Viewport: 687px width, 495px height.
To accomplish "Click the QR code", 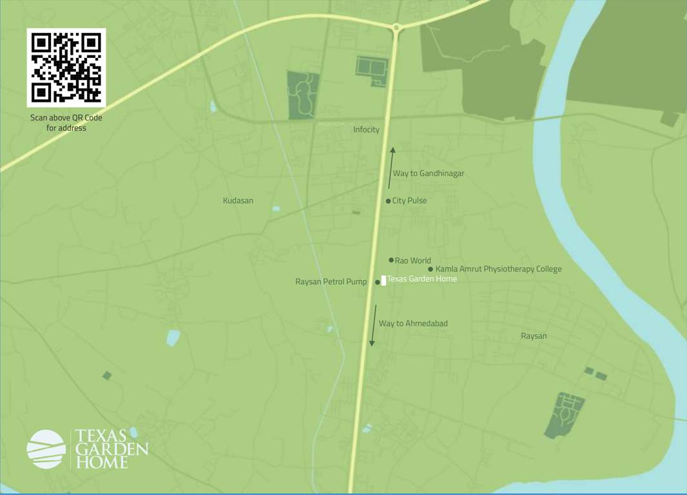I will (x=66, y=67).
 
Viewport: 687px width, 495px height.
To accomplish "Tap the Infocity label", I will (x=366, y=130).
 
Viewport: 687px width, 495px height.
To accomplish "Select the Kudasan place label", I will (x=238, y=200).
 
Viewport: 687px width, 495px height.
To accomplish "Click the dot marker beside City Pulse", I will (x=388, y=201).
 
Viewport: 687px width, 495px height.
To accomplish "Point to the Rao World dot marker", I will (x=391, y=260).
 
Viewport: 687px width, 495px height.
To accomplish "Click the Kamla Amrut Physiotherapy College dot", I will (x=431, y=269).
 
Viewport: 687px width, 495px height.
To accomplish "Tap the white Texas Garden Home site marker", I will (x=383, y=280).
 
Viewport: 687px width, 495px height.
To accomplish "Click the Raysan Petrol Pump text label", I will (x=331, y=282).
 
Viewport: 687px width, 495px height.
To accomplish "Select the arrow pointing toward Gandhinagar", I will (x=391, y=168).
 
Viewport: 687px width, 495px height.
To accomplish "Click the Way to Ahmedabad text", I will (x=413, y=323).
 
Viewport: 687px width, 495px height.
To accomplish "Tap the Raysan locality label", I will (x=534, y=336).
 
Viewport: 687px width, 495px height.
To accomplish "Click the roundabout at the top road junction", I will (x=396, y=27).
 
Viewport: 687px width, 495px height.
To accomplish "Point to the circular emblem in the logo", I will (x=46, y=449).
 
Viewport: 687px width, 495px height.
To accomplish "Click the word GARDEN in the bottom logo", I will (x=111, y=449).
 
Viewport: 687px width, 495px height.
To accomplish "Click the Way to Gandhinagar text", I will (x=429, y=173).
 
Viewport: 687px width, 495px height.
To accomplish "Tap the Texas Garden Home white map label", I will (x=422, y=279).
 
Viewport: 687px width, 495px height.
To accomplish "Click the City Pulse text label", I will (x=409, y=201).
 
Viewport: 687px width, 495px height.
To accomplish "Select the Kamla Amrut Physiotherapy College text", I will (x=498, y=269).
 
